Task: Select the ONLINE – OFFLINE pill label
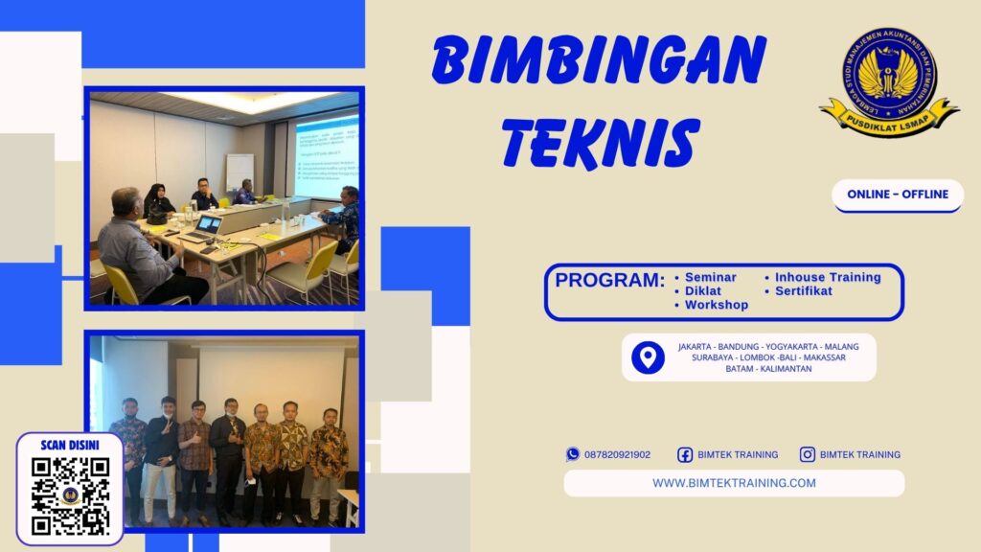898,195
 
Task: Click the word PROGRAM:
610,281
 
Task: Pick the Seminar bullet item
711,277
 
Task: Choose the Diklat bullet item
703,290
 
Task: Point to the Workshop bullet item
717,305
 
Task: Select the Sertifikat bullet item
804,290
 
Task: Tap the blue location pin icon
648,357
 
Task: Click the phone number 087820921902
617,454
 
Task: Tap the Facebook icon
685,454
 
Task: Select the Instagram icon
808,454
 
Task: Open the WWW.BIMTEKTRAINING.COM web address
734,483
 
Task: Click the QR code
70,494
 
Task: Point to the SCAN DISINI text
70,446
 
